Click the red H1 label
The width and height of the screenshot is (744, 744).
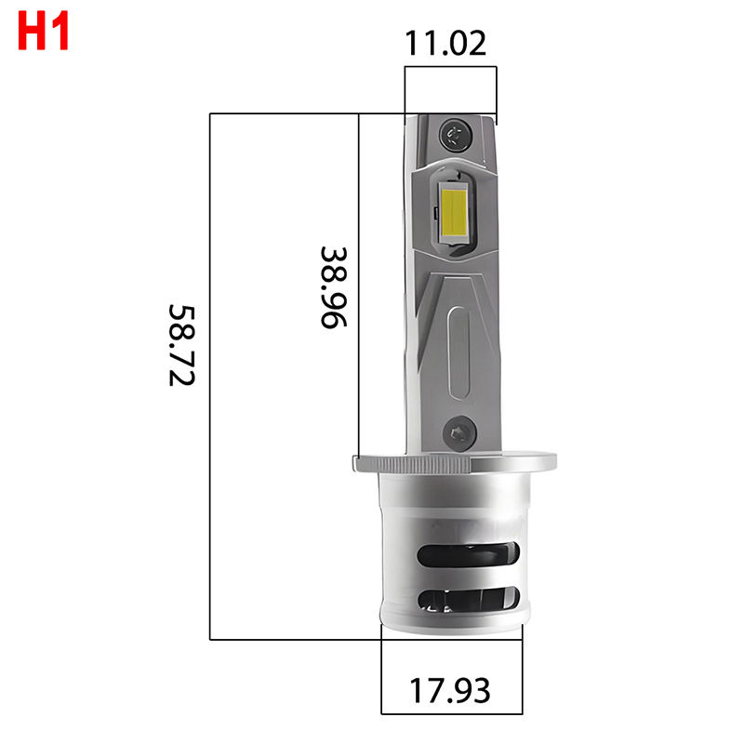[44, 33]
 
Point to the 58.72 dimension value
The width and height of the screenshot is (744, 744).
[183, 345]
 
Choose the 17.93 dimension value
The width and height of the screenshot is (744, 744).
[450, 691]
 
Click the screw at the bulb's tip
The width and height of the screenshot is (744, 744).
[457, 132]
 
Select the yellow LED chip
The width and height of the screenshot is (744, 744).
[453, 207]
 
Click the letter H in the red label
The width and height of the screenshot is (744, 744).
[32, 33]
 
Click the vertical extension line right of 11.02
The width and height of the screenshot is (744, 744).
[498, 93]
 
